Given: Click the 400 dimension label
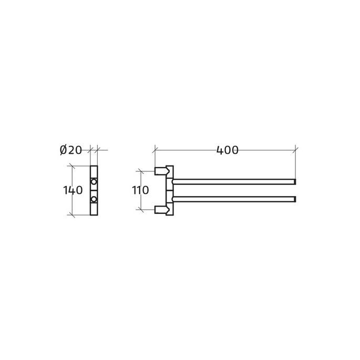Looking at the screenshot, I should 227,150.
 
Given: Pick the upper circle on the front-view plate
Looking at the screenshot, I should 94,182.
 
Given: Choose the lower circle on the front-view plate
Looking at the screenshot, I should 94,199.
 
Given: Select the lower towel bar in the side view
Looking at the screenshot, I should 234,199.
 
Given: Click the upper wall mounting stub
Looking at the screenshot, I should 159,171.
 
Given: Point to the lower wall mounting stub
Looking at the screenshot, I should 159,210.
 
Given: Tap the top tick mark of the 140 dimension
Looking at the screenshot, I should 72,166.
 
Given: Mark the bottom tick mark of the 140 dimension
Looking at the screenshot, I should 72,215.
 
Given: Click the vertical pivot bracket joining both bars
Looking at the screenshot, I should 169,190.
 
